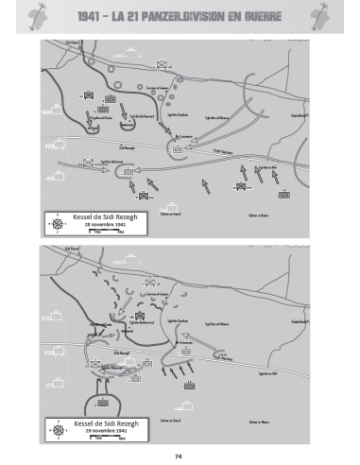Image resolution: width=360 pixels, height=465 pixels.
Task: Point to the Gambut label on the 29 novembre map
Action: click(x=300, y=322)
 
